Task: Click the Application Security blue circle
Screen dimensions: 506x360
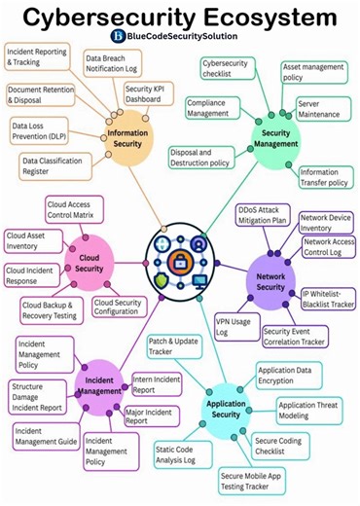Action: pyautogui.click(x=226, y=409)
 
